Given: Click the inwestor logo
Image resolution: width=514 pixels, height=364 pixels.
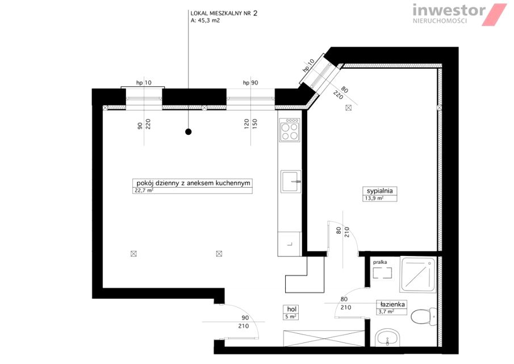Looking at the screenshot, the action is pyautogui.click(x=459, y=14).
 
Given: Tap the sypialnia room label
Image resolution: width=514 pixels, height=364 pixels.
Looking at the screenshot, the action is pyautogui.click(x=379, y=191).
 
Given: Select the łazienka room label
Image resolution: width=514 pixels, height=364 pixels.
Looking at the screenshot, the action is pyautogui.click(x=391, y=304).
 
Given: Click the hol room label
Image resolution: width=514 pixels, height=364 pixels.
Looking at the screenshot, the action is pyautogui.click(x=291, y=309).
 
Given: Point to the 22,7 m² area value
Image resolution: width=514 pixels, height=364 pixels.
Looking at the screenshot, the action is pyautogui.click(x=144, y=191).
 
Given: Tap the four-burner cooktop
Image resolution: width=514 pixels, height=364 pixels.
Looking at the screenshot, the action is pyautogui.click(x=290, y=129).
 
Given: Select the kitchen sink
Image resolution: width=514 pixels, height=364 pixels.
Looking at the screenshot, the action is pyautogui.click(x=291, y=181).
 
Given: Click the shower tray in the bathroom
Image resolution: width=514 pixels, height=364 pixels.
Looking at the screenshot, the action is pyautogui.click(x=418, y=275).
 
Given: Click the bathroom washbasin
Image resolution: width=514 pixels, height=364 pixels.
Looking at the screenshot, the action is pyautogui.click(x=388, y=337).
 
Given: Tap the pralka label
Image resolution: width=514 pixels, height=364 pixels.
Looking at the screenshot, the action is pyautogui.click(x=380, y=262).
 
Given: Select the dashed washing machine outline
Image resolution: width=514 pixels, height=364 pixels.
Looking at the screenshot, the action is pyautogui.click(x=383, y=273).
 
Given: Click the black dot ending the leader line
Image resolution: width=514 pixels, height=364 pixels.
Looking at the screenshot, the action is pyautogui.click(x=188, y=132).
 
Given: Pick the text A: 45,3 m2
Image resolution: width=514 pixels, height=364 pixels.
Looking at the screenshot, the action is pyautogui.click(x=205, y=20).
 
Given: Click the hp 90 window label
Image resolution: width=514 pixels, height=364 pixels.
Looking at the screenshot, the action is pyautogui.click(x=250, y=82).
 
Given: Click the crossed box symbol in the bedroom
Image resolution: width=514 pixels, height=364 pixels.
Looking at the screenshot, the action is pyautogui.click(x=348, y=107).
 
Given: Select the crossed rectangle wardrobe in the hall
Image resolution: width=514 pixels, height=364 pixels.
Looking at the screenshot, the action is pyautogui.click(x=324, y=338).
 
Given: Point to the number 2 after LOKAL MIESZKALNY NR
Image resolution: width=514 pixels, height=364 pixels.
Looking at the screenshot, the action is pyautogui.click(x=255, y=13).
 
